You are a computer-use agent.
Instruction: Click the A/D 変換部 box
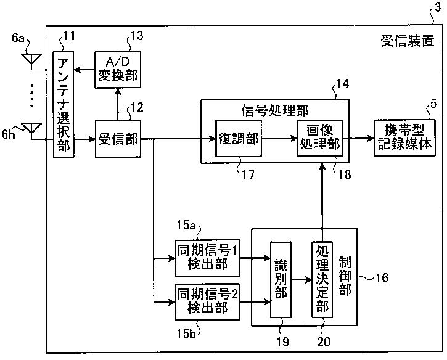(x=118, y=70)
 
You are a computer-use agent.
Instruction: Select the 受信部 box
(x=118, y=139)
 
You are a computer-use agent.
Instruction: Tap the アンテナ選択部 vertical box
(x=64, y=104)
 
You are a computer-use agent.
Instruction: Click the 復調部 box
(x=239, y=139)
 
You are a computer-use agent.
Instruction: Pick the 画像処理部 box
(x=320, y=138)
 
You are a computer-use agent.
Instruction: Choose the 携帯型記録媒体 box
(x=404, y=137)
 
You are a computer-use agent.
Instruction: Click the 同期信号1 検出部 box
(x=208, y=258)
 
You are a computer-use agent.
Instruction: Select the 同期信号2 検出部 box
(x=208, y=302)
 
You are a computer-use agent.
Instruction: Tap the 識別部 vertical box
(x=281, y=279)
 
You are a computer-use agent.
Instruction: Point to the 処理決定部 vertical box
(x=322, y=279)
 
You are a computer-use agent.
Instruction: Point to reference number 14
(x=342, y=84)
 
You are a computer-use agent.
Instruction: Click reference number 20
(x=324, y=342)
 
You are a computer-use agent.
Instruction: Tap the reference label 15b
(x=186, y=333)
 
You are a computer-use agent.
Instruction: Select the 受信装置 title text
(x=408, y=41)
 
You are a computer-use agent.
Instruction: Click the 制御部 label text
(x=345, y=276)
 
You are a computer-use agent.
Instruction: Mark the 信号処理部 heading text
(x=275, y=110)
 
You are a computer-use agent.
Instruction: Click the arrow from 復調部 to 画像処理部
(x=280, y=139)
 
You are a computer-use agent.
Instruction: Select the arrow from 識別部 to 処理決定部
(x=301, y=280)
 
